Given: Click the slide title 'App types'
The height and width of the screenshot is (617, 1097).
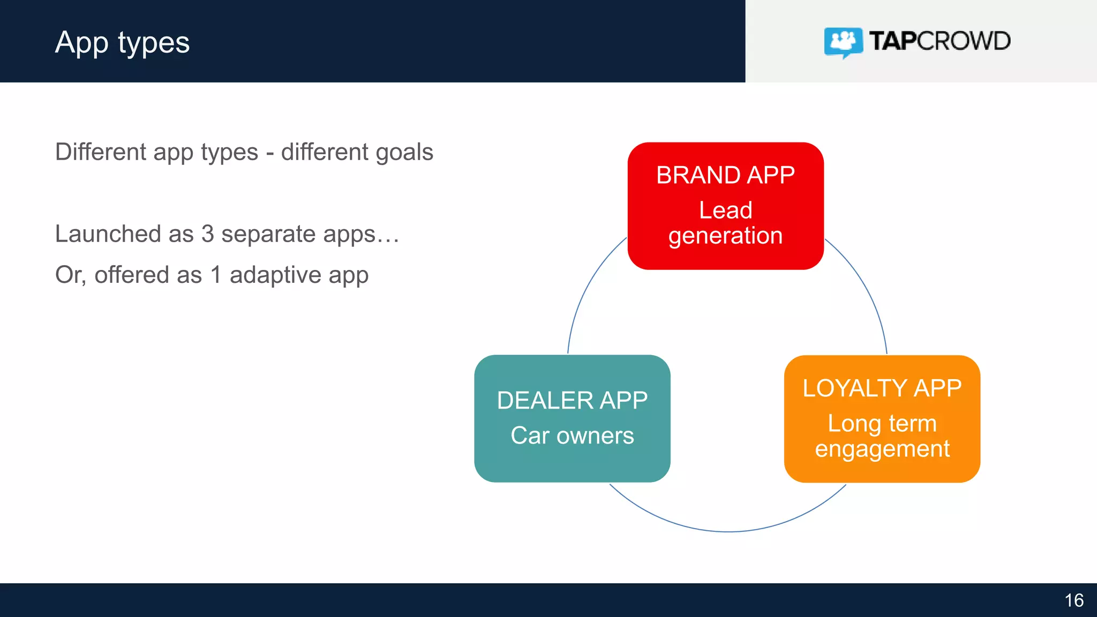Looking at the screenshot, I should click(x=122, y=43).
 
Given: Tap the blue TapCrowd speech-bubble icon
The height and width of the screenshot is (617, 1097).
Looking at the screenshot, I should click(x=843, y=41).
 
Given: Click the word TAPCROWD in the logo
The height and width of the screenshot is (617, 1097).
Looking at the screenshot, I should click(x=940, y=41).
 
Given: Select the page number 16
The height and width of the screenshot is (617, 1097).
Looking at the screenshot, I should click(x=1073, y=600).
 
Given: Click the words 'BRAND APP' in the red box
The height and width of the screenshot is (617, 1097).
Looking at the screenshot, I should click(x=725, y=176).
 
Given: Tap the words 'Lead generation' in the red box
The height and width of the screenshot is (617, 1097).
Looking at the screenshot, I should click(x=725, y=223).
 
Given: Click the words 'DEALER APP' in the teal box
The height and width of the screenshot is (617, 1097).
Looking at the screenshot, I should click(x=572, y=401).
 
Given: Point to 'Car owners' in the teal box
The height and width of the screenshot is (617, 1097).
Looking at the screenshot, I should click(x=572, y=435).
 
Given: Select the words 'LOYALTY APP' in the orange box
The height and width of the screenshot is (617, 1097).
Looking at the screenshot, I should click(x=882, y=388).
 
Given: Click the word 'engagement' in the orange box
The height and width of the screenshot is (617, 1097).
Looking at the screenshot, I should click(x=882, y=449).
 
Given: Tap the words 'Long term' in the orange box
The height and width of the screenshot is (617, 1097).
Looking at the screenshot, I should click(x=882, y=424).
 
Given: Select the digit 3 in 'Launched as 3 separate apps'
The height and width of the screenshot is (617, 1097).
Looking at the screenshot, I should click(x=207, y=234).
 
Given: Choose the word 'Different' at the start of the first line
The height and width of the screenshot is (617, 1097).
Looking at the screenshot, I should click(x=101, y=152).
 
